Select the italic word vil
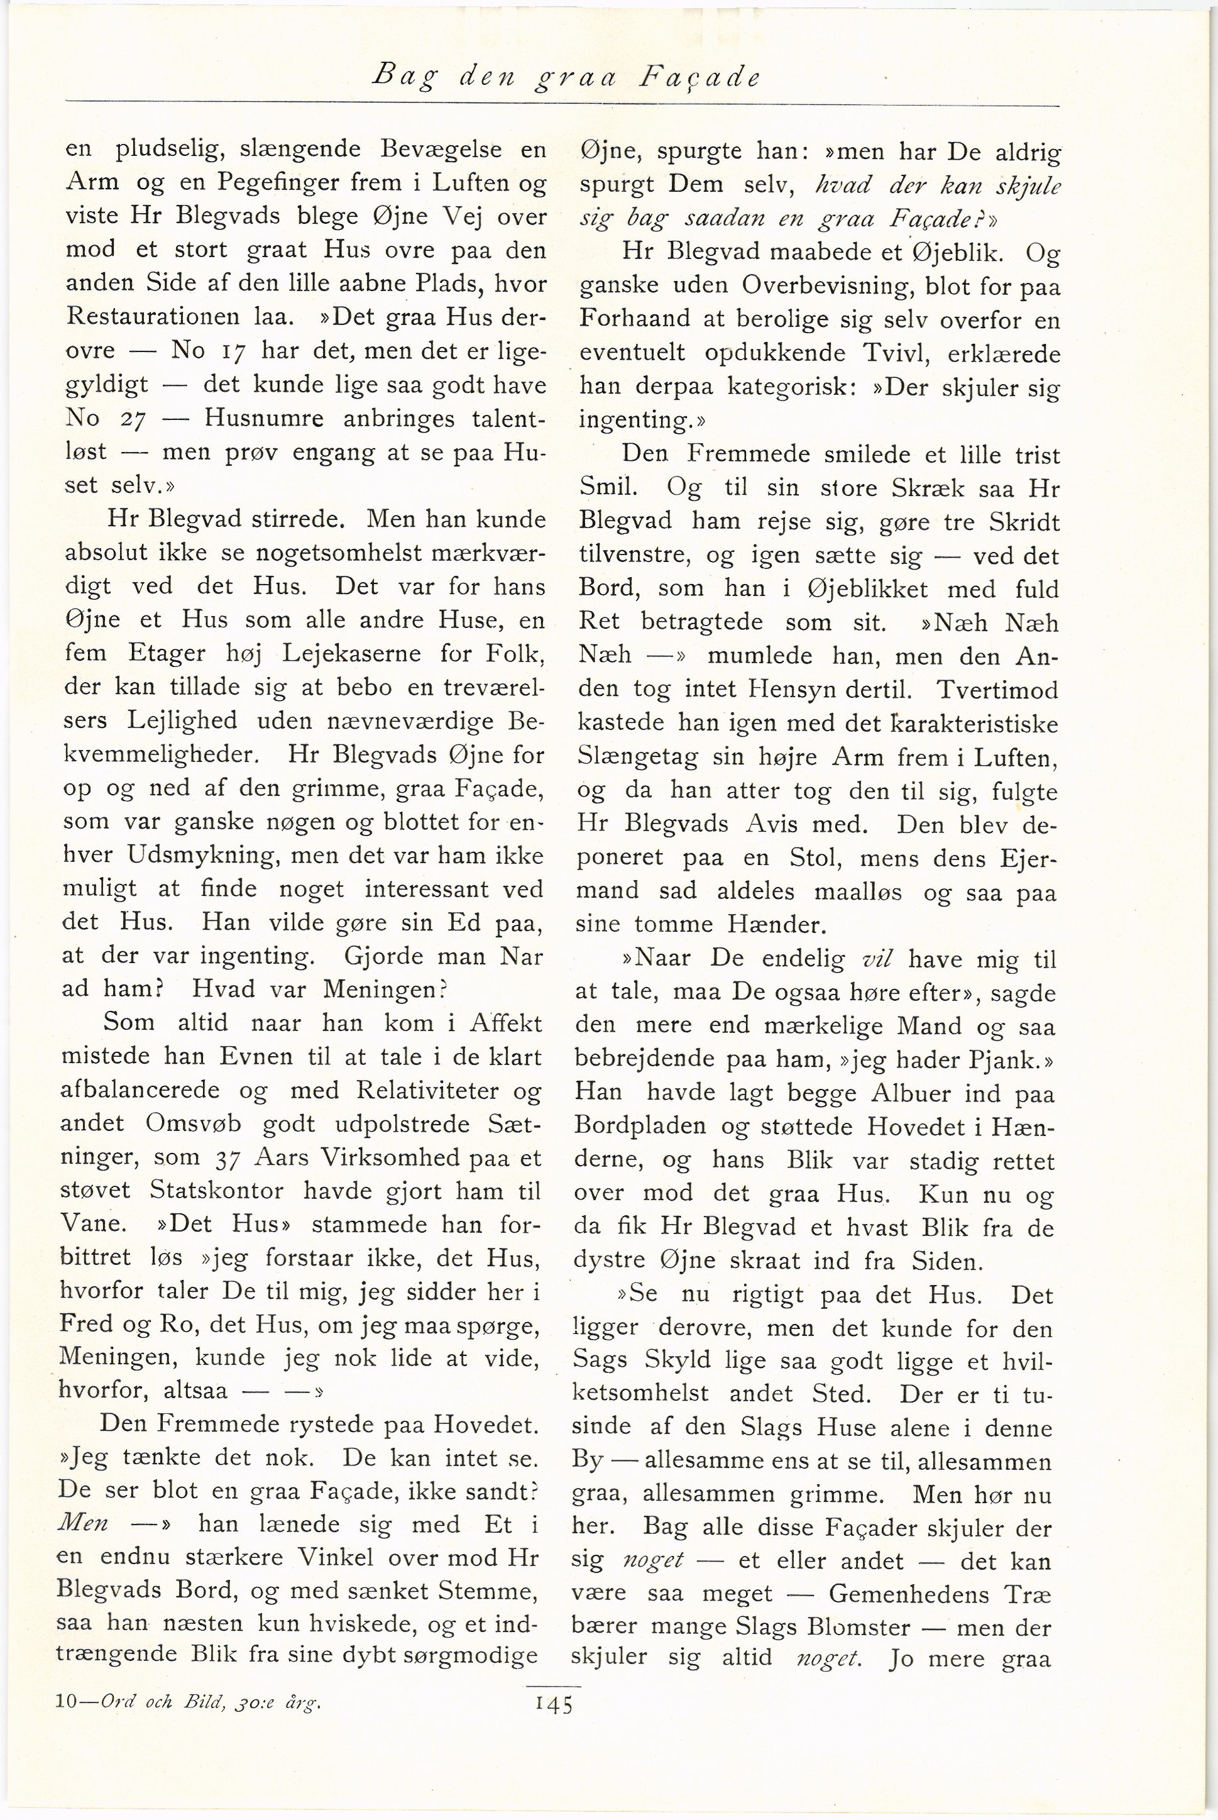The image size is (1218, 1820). tap(875, 959)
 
